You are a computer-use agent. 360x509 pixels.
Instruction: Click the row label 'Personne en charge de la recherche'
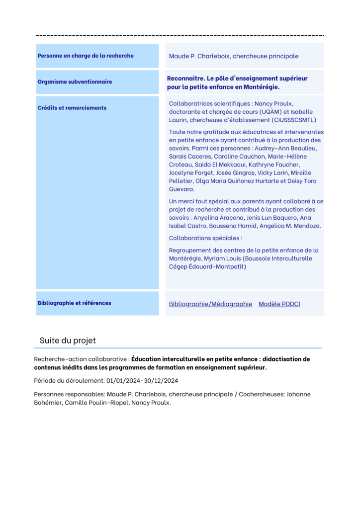86,56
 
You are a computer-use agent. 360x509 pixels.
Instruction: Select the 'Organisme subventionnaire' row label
75,82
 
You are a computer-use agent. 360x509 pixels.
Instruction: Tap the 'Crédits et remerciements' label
72,107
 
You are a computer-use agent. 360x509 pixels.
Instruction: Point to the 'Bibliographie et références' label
74,303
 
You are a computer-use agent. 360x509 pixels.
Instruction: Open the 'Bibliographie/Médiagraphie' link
210,304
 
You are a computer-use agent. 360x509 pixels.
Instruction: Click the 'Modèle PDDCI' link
279,304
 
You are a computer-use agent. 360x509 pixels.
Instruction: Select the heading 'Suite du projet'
68,340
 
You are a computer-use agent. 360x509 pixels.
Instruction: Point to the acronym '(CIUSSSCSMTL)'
294,120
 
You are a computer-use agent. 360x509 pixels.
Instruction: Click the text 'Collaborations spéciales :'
205,238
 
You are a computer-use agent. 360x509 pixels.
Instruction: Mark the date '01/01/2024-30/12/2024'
142,381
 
